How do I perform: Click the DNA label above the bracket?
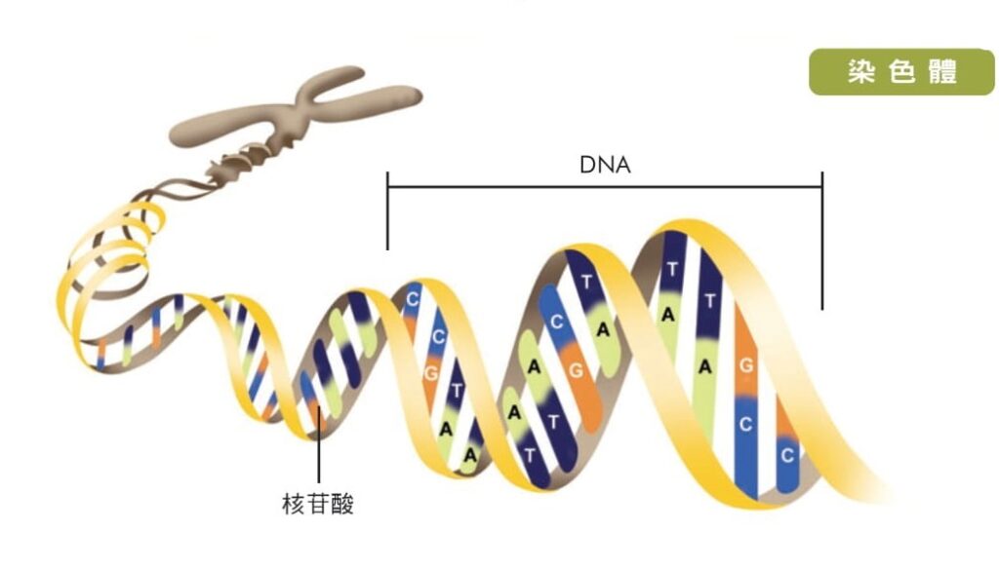click(x=605, y=165)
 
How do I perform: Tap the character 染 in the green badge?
click(x=861, y=73)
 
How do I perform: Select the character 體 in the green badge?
click(x=942, y=73)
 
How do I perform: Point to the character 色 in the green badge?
click(x=901, y=73)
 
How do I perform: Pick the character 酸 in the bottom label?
click(x=341, y=504)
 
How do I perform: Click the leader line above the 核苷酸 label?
click(x=318, y=458)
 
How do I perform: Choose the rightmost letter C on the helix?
click(x=787, y=454)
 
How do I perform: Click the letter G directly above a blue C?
click(x=746, y=365)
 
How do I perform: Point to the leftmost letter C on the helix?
click(x=412, y=299)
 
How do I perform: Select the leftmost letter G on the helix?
click(x=431, y=371)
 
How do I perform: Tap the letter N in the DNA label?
click(x=605, y=165)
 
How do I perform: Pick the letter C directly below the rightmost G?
click(x=746, y=425)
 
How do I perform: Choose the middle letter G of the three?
click(x=576, y=369)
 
